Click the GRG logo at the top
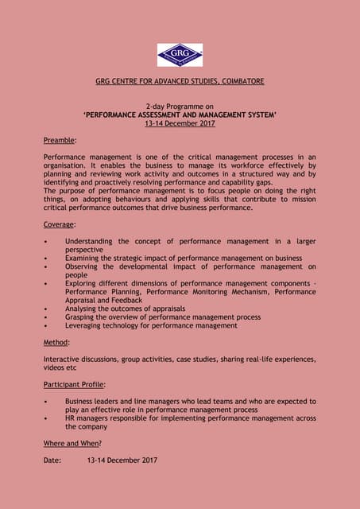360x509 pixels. click(x=180, y=55)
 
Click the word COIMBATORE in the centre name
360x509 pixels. click(x=238, y=82)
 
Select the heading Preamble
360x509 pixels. click(x=60, y=140)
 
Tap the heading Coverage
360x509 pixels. click(x=60, y=224)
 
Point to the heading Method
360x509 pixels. click(x=56, y=342)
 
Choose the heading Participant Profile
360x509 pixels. click(x=75, y=384)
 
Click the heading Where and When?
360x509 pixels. click(x=72, y=443)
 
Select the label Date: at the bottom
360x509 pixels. click(x=52, y=460)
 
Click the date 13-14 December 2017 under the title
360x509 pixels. click(x=180, y=123)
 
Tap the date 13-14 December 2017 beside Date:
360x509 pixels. click(x=122, y=460)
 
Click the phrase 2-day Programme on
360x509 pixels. click(x=180, y=107)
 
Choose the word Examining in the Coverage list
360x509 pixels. click(x=84, y=258)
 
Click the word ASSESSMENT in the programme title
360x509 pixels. click(x=170, y=115)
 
